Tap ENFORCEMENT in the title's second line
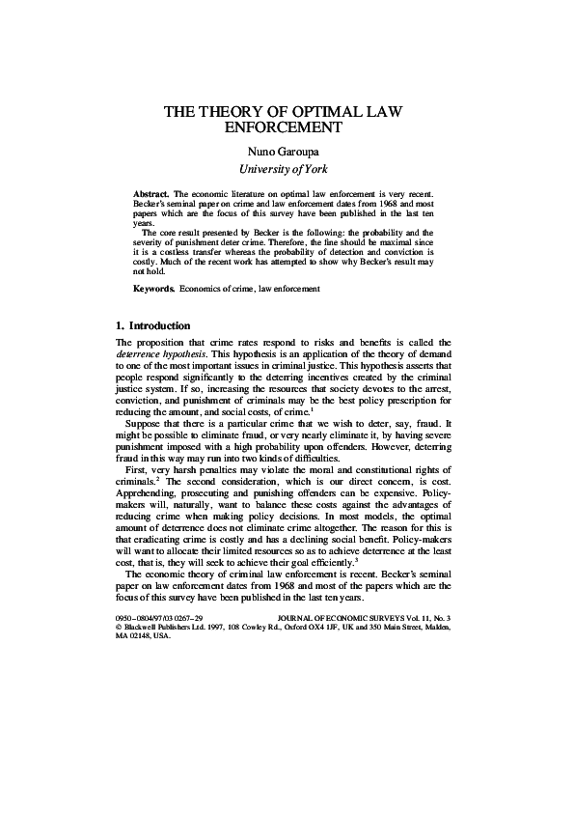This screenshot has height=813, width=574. (287, 127)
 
